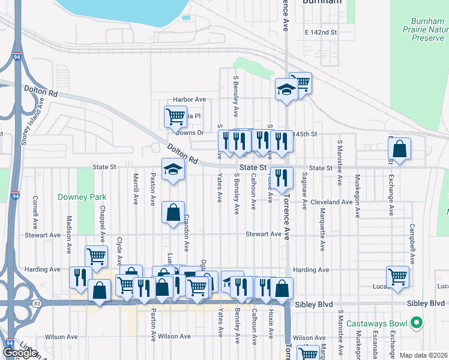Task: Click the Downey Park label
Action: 82,197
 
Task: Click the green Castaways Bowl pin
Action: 415,324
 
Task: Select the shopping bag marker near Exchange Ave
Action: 399,148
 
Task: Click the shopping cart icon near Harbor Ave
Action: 175,116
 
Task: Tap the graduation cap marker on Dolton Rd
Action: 173,169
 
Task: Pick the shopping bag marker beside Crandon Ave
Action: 173,212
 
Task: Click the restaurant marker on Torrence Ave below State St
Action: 281,177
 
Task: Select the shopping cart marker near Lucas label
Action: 397,277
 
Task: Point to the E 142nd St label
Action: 321,32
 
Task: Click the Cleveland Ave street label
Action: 331,202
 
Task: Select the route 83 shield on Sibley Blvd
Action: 38,304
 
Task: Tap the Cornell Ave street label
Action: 35,208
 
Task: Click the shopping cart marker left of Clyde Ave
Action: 96,257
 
